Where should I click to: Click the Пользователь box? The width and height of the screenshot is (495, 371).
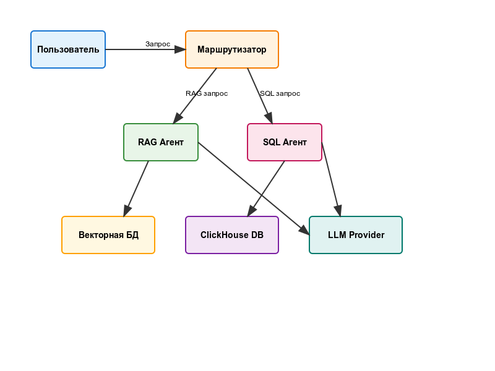[x=68, y=49]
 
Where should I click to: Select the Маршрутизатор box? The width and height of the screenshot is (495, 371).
[x=232, y=49]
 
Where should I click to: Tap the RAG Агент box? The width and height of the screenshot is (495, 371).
[x=161, y=142]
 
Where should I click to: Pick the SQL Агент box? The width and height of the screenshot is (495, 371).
[x=285, y=142]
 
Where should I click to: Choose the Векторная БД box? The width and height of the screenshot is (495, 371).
[x=108, y=235]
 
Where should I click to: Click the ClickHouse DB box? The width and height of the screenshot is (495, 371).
[x=232, y=235]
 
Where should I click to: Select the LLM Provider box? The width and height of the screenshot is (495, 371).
[x=356, y=235]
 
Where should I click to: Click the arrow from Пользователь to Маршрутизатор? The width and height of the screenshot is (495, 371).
[x=145, y=49]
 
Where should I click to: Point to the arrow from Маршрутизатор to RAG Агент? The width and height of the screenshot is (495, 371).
[x=195, y=96]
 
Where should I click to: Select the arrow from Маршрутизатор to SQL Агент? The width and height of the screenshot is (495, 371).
[x=260, y=96]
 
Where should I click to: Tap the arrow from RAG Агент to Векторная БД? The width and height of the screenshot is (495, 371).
[x=136, y=189]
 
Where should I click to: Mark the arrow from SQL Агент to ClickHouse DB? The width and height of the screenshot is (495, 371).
[x=266, y=189]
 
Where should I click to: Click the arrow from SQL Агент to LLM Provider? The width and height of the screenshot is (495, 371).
[x=331, y=179]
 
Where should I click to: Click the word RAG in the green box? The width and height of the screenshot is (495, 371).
[x=147, y=142]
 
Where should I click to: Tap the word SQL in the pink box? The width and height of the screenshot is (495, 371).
[x=272, y=142]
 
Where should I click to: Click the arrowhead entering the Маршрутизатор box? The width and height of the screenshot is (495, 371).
[x=181, y=49]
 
